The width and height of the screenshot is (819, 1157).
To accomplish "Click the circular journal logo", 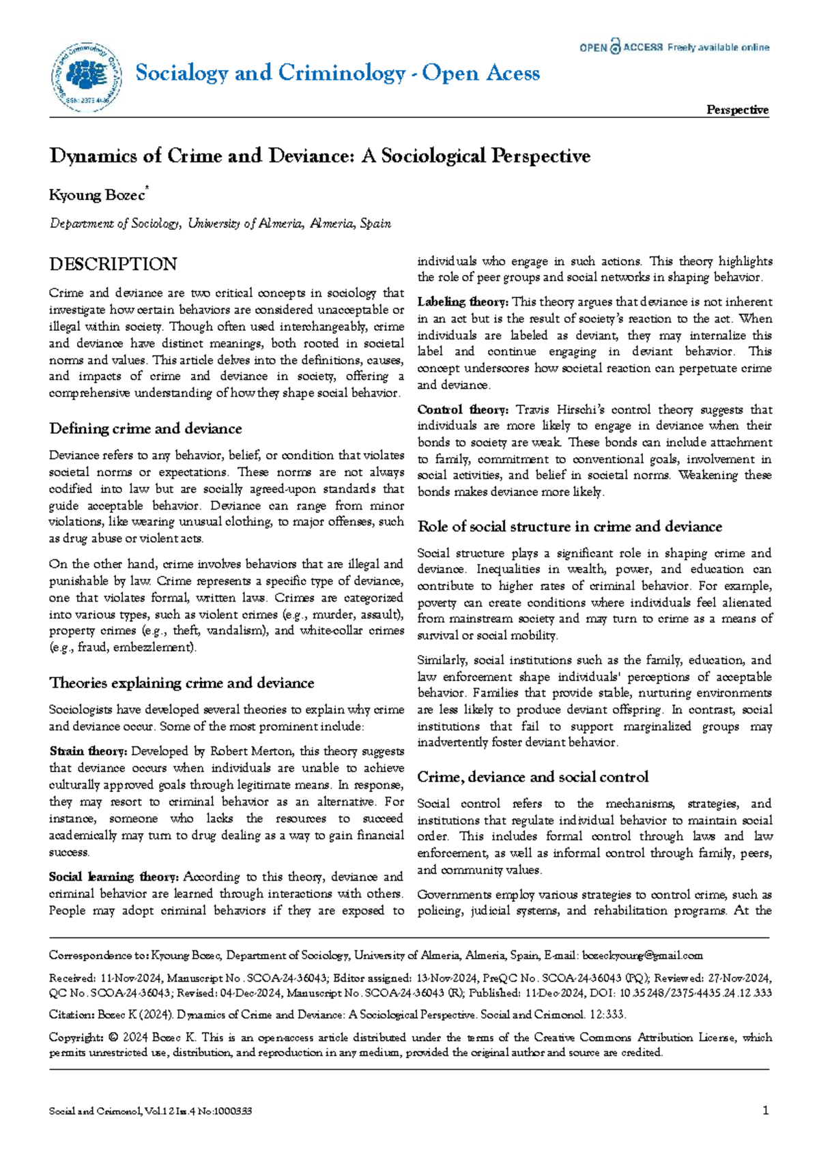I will (x=85, y=76).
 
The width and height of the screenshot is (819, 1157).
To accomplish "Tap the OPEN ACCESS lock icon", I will (x=616, y=46).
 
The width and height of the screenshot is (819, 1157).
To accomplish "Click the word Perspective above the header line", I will (x=737, y=110).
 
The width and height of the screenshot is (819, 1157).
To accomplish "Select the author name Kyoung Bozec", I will (x=97, y=195).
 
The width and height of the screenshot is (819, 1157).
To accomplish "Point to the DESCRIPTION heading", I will (x=113, y=264).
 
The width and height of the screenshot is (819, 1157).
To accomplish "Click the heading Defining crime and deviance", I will (x=145, y=428).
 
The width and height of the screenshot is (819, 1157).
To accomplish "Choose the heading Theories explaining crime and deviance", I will (x=182, y=683).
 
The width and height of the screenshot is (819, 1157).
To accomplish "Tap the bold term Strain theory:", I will (x=88, y=751).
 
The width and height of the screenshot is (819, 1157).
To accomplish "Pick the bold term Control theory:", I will (x=462, y=409).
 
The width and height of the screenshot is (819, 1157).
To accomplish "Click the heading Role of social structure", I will (x=569, y=527).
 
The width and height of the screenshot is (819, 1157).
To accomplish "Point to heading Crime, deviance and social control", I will (x=532, y=777).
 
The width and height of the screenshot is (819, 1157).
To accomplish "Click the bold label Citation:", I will (x=71, y=1014).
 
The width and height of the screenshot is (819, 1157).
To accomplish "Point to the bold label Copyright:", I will (x=76, y=1037).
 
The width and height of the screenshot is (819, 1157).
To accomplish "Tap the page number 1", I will (x=766, y=1111).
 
